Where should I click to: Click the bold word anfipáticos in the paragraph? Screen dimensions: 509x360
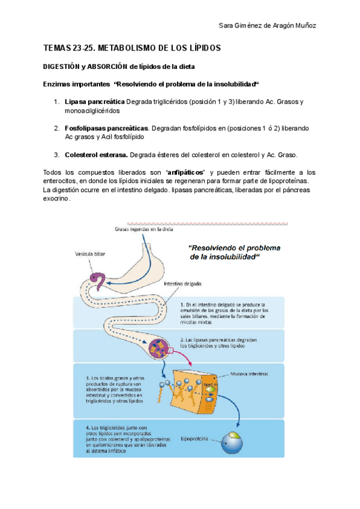[x=189, y=173]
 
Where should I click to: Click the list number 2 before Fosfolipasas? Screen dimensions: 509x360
[x=56, y=128]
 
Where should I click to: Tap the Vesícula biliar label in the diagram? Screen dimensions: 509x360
[x=91, y=254]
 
